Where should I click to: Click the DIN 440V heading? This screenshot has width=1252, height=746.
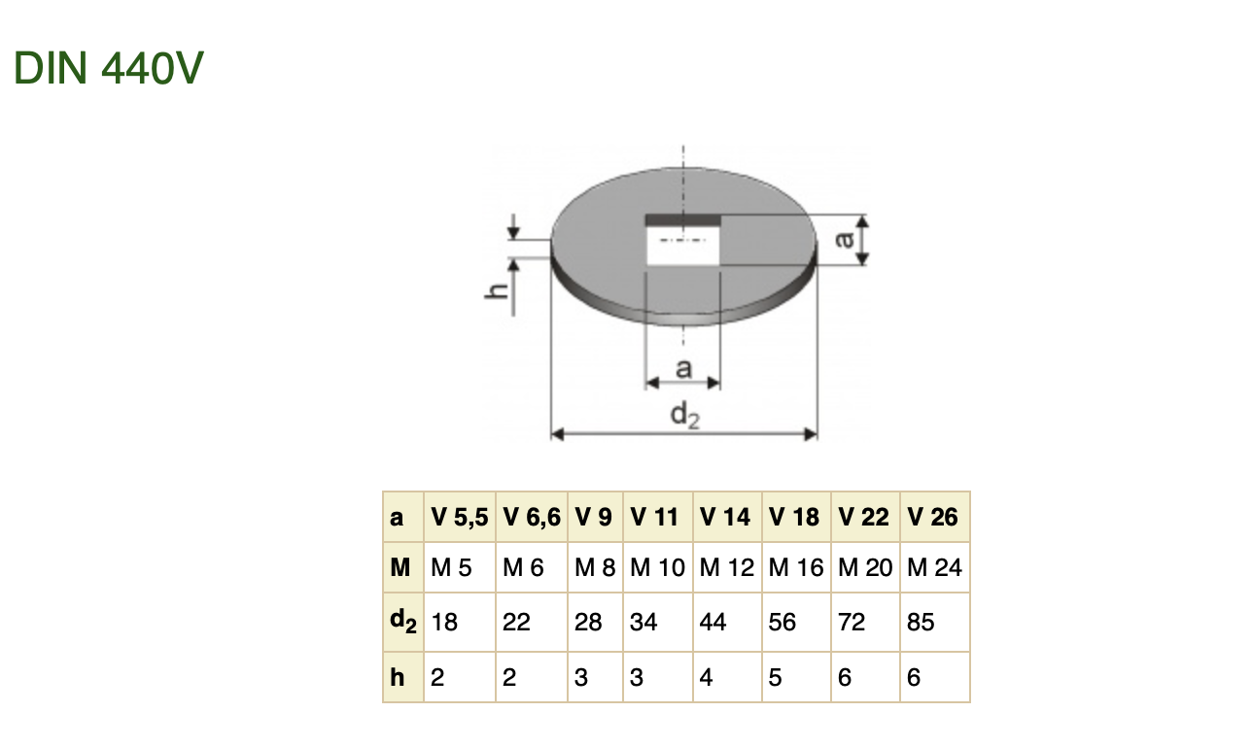pyautogui.click(x=109, y=68)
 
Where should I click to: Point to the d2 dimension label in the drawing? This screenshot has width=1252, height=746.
pyautogui.click(x=684, y=415)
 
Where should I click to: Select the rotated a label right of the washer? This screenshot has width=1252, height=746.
pyautogui.click(x=848, y=240)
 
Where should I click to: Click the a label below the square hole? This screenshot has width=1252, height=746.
pyautogui.click(x=683, y=368)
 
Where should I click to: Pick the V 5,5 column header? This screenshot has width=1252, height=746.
pyautogui.click(x=459, y=518)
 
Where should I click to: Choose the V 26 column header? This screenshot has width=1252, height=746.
pyautogui.click(x=932, y=518)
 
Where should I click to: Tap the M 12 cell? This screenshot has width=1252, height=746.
pyautogui.click(x=727, y=567)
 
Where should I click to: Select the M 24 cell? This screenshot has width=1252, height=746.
pyautogui.click(x=934, y=567)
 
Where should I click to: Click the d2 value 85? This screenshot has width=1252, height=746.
pyautogui.click(x=921, y=622)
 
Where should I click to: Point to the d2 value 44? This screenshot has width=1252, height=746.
pyautogui.click(x=713, y=622)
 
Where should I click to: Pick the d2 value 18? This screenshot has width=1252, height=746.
pyautogui.click(x=444, y=622)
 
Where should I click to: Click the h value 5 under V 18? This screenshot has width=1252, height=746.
pyautogui.click(x=775, y=677)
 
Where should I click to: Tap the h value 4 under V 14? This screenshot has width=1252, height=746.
pyautogui.click(x=706, y=677)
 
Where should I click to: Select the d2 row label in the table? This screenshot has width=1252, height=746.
pyautogui.click(x=402, y=623)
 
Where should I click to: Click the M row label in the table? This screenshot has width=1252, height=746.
pyautogui.click(x=400, y=567)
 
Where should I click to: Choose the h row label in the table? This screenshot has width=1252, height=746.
pyautogui.click(x=398, y=677)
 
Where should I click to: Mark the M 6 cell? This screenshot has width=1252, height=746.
pyautogui.click(x=523, y=567)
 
